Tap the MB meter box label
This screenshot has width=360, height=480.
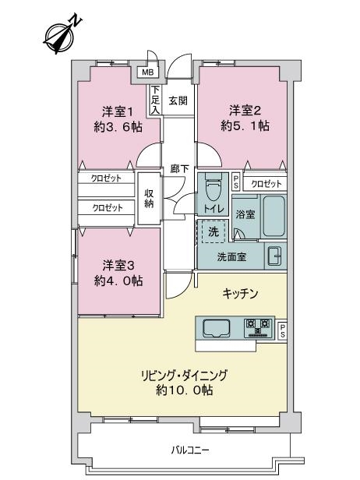click(x=147, y=73)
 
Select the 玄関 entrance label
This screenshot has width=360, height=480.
click(x=178, y=101)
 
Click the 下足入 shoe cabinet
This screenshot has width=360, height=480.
click(x=156, y=100)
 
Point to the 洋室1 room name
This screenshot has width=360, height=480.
click(x=118, y=112)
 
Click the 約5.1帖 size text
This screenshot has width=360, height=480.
click(x=245, y=125)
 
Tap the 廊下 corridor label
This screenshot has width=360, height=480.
click(x=179, y=168)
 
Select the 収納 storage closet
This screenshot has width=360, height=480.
click(x=149, y=199)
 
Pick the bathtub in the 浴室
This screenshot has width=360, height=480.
click(x=274, y=216)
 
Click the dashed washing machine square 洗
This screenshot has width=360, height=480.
click(x=213, y=231)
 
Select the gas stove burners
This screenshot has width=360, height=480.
click(x=259, y=328)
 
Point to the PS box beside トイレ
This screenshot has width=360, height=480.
click(x=236, y=182)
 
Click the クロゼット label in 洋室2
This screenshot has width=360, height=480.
click(x=266, y=184)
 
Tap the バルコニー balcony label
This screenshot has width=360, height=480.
click(x=190, y=450)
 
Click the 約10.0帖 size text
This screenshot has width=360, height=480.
click(x=184, y=390)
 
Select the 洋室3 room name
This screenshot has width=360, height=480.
click(x=118, y=266)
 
